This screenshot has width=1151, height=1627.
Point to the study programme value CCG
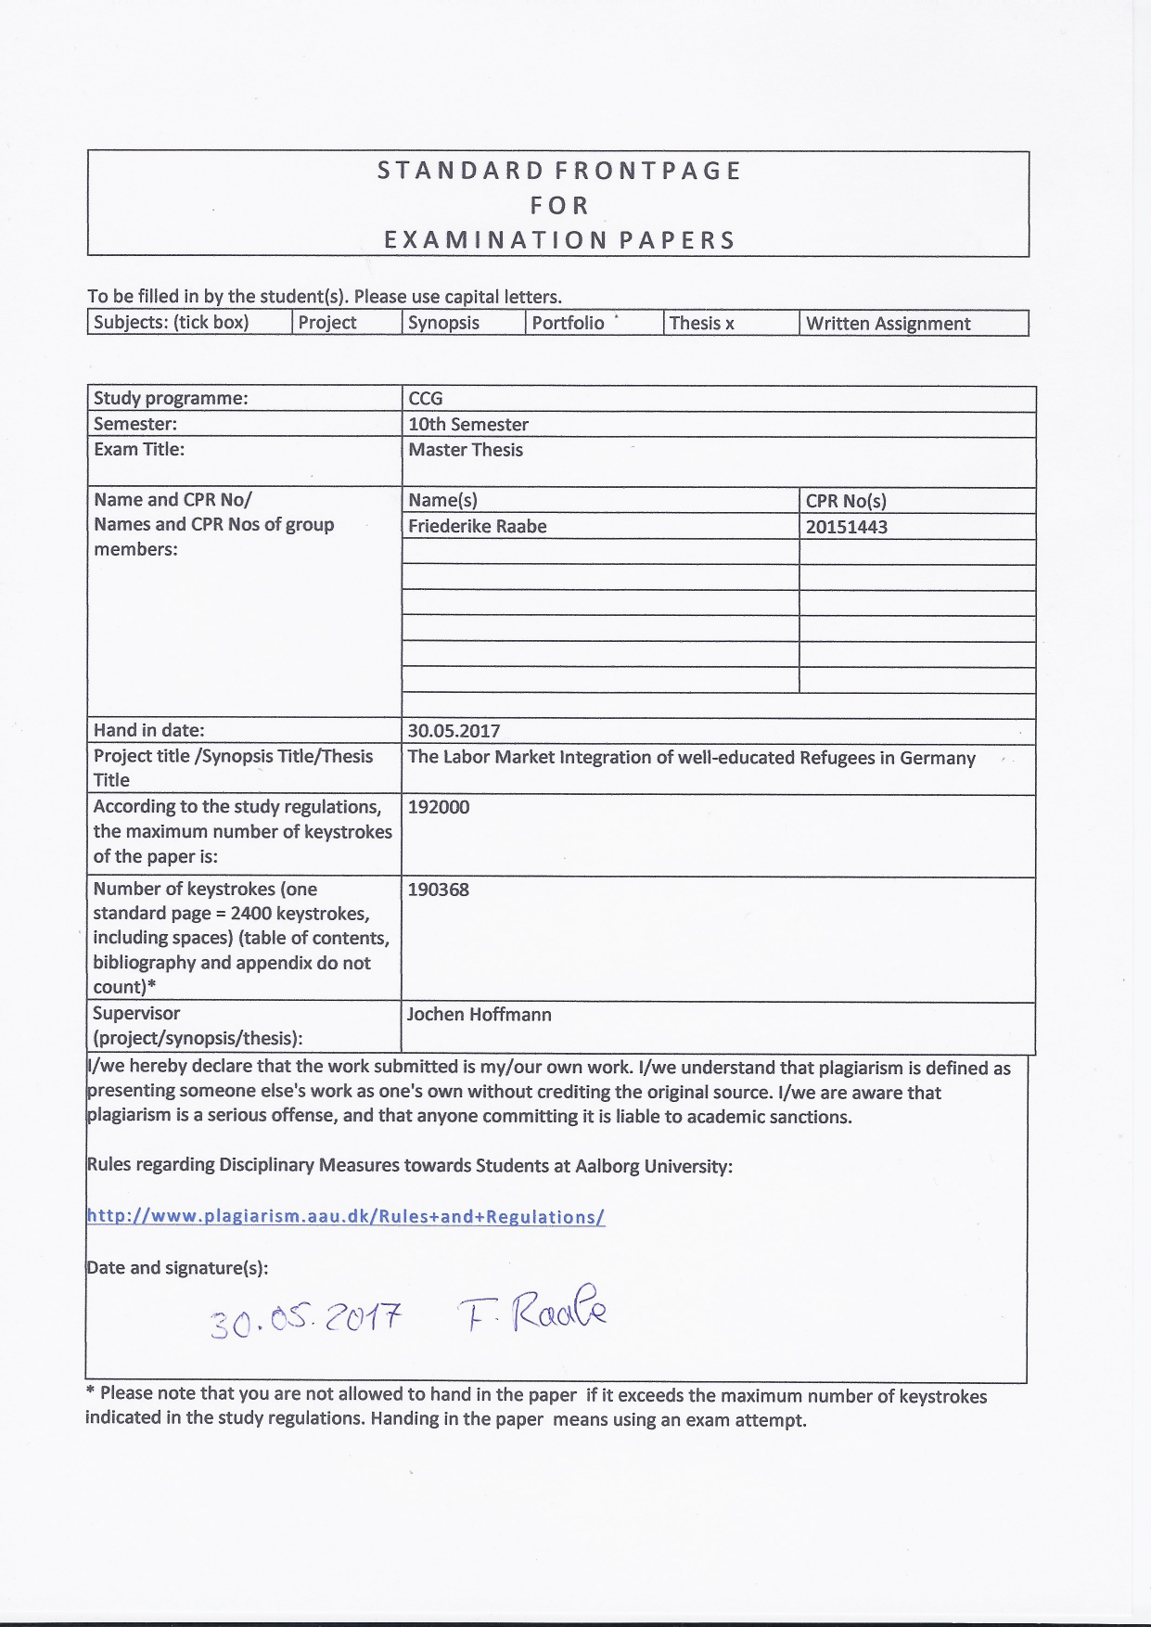point(426,399)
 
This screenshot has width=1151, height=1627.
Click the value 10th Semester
point(468,425)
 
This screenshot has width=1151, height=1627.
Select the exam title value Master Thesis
point(466,450)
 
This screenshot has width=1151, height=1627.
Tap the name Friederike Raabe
point(478,526)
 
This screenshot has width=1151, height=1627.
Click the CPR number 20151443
point(847,527)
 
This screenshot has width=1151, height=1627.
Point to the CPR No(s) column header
point(846,501)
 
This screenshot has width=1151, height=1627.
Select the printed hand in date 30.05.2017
point(454,731)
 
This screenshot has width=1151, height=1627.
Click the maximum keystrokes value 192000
point(439,807)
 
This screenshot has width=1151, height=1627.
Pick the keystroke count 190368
point(439,890)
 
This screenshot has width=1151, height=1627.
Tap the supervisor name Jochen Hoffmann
point(480,1014)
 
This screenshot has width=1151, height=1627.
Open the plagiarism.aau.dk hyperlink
point(345,1217)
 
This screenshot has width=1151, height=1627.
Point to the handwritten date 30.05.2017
point(305,1319)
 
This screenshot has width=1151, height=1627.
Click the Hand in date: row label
point(149,730)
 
